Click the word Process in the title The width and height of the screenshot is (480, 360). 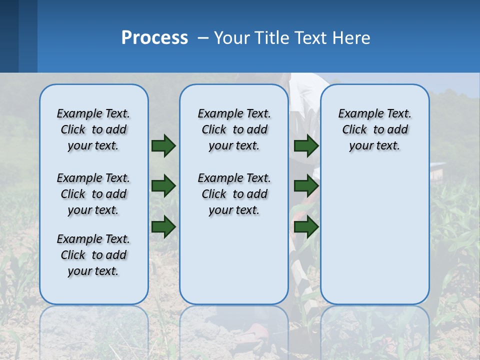tap(154, 38)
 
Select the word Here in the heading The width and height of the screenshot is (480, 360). tap(349, 38)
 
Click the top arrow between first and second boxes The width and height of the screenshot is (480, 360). tap(163, 145)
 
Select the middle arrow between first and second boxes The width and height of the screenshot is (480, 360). tap(163, 186)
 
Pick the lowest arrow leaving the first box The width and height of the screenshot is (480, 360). tap(163, 226)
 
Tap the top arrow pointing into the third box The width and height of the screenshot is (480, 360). tap(306, 145)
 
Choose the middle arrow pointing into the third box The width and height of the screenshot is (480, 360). tap(306, 186)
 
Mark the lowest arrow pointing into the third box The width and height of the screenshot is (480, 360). tap(306, 226)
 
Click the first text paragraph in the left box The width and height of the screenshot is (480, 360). tap(93, 129)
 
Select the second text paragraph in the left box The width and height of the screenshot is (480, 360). tap(93, 194)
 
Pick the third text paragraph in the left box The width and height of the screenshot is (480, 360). tap(93, 255)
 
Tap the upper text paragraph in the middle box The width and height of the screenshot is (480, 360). tap(234, 129)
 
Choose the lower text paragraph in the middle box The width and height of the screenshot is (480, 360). tap(234, 194)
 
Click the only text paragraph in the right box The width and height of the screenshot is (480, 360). tap(374, 129)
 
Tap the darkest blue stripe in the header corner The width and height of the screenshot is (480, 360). tap(9, 36)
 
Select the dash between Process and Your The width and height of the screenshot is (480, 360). tap(202, 38)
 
